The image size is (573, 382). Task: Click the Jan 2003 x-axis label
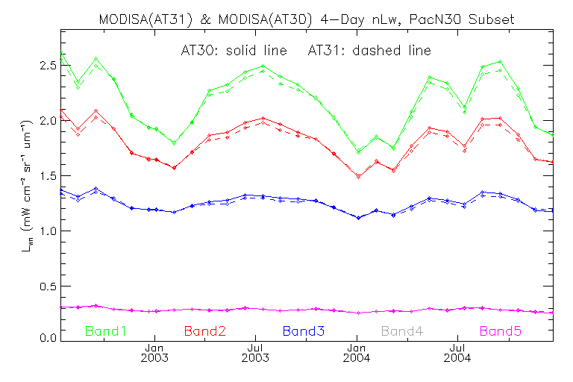point(154,352)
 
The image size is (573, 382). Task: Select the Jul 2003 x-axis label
point(255,352)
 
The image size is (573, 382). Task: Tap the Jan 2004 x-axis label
point(356,352)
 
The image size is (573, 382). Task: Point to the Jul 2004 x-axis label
point(457,352)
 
